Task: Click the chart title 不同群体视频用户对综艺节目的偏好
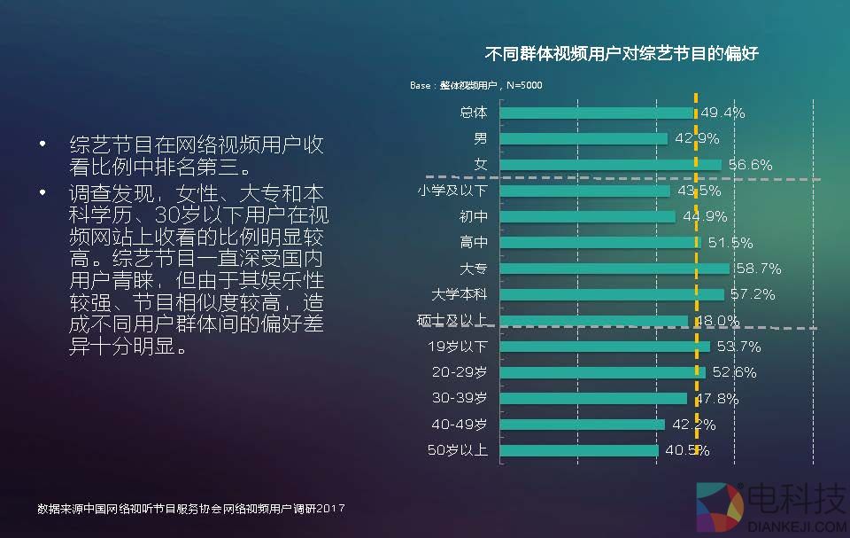pyautogui.click(x=622, y=53)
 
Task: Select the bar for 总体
pyautogui.click(x=597, y=113)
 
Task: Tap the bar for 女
pyautogui.click(x=611, y=165)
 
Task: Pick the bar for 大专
pyautogui.click(x=614, y=269)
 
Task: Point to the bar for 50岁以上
pyautogui.click(x=579, y=450)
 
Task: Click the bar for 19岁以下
pyautogui.click(x=605, y=347)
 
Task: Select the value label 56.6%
pyautogui.click(x=751, y=165)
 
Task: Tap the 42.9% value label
pyautogui.click(x=697, y=138)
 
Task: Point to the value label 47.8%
pyautogui.click(x=716, y=399)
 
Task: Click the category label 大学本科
pyautogui.click(x=459, y=294)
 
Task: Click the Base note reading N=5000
pyautogui.click(x=476, y=85)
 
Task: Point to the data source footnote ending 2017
pyautogui.click(x=190, y=509)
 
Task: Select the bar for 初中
pyautogui.click(x=588, y=216)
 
